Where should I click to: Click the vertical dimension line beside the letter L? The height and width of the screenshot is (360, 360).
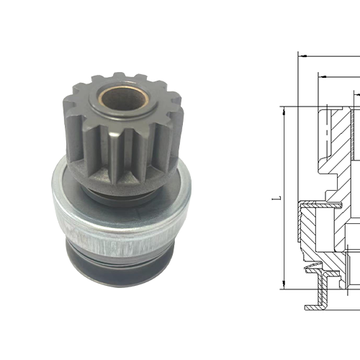pyautogui.click(x=285, y=238)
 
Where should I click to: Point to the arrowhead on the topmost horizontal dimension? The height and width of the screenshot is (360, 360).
pyautogui.click(x=302, y=55)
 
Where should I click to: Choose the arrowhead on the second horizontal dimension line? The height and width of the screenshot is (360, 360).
pyautogui.click(x=321, y=74)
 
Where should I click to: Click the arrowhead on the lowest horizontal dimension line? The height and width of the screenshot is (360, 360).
pyautogui.click(x=355, y=93)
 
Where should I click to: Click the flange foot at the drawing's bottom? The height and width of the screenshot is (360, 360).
pyautogui.click(x=317, y=305)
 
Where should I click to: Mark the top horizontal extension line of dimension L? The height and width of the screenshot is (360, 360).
pyautogui.click(x=302, y=107)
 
